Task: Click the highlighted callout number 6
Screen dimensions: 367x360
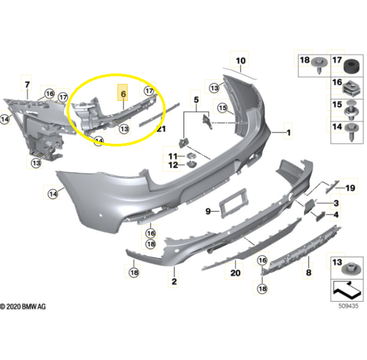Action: [123, 94]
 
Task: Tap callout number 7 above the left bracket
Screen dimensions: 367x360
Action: [27, 84]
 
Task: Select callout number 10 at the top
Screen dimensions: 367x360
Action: [240, 61]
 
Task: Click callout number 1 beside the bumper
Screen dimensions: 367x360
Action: [289, 133]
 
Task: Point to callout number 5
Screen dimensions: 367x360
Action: [196, 99]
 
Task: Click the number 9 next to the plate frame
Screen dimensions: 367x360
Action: [208, 211]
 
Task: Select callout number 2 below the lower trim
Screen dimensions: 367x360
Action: [174, 281]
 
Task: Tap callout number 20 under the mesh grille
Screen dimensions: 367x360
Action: [235, 273]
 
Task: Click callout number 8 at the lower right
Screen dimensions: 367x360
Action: [309, 272]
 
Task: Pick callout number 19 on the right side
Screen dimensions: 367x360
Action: [350, 188]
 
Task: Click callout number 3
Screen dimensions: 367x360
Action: [336, 203]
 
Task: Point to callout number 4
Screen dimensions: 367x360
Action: [336, 215]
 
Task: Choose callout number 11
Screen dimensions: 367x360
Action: [173, 156]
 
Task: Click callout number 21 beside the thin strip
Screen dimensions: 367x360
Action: [161, 129]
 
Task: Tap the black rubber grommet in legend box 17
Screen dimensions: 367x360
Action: [351, 67]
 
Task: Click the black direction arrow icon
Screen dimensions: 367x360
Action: [347, 290]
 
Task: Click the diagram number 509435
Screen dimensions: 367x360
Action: [348, 306]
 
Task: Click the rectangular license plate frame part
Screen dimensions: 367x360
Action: [233, 203]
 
